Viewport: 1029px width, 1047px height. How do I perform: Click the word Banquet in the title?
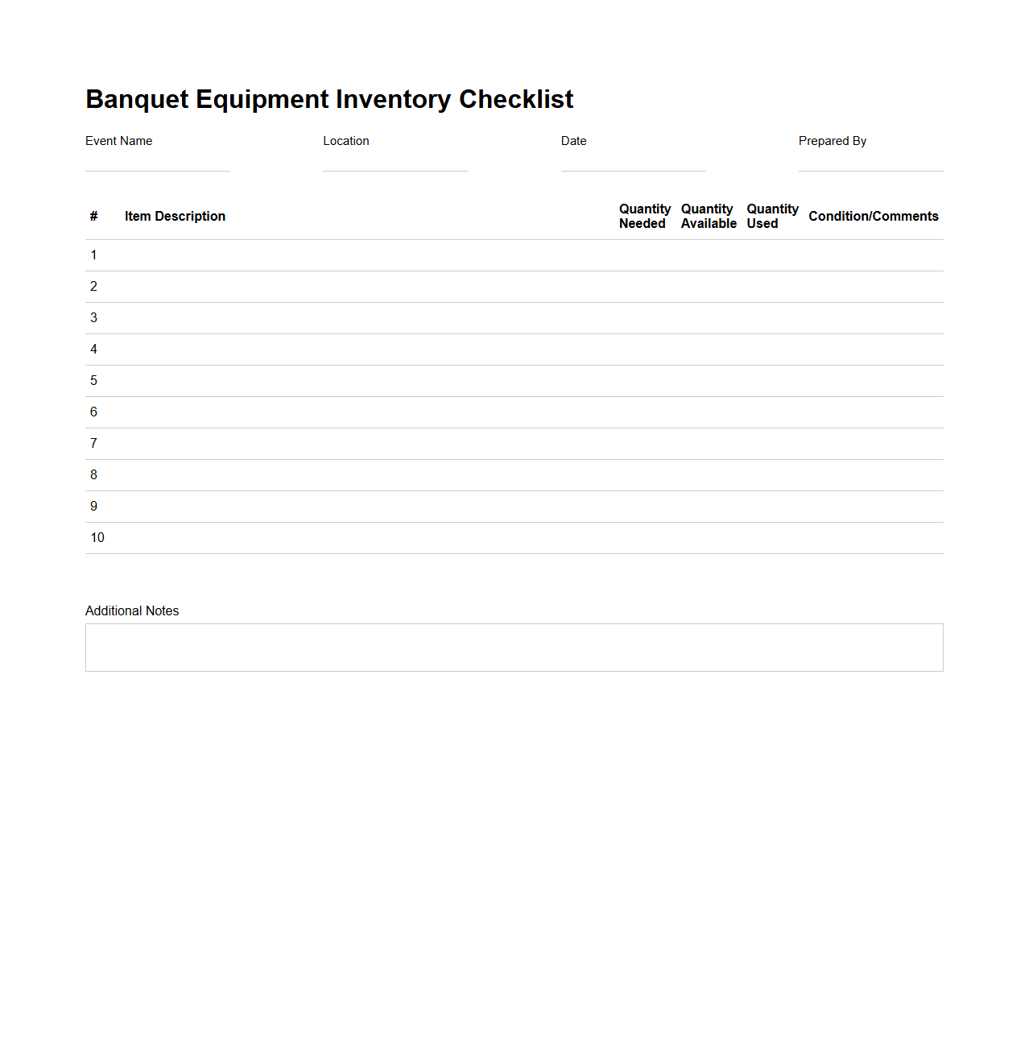[137, 99]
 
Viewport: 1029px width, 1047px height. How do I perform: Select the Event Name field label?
[118, 141]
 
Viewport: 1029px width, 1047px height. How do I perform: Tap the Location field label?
[346, 141]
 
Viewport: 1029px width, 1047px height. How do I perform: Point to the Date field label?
[573, 141]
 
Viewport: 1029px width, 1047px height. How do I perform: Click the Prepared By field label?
[833, 141]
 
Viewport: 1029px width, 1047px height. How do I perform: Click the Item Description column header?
[175, 216]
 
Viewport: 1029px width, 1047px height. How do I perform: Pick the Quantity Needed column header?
[644, 216]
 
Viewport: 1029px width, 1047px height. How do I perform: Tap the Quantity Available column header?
[709, 216]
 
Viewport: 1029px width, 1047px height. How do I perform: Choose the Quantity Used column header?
[771, 216]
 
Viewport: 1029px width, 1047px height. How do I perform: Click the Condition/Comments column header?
[873, 216]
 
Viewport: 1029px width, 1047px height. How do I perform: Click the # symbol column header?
[93, 216]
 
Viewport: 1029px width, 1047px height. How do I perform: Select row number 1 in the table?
[93, 255]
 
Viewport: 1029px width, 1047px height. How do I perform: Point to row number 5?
[93, 381]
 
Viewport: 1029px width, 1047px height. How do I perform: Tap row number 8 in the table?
[93, 475]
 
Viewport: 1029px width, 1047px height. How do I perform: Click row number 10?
[97, 538]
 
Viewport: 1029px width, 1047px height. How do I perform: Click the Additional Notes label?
[132, 611]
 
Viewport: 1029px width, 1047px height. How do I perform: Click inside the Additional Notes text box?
[514, 648]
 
